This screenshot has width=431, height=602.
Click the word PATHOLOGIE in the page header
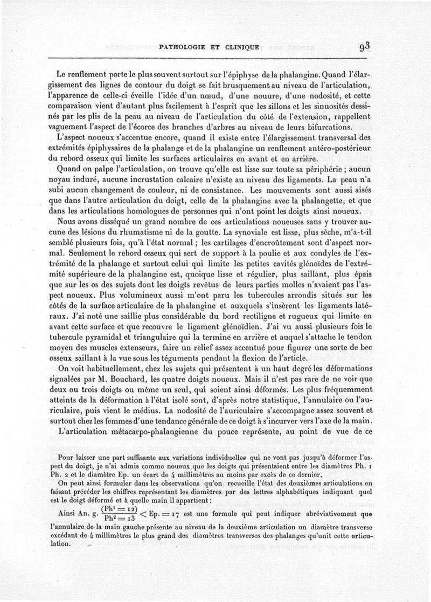(182, 47)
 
